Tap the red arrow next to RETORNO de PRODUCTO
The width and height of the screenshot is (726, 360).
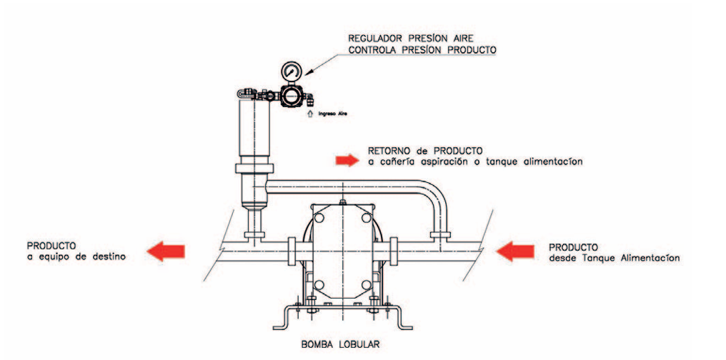[x=347, y=160]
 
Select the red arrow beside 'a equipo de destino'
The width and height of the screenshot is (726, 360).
[x=166, y=251]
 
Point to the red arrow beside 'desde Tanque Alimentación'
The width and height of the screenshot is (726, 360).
[x=515, y=251]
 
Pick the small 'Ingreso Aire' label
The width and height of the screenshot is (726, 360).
[x=332, y=112]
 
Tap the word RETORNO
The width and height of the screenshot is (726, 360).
[x=388, y=151]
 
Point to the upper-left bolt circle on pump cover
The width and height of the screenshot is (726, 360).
[x=319, y=217]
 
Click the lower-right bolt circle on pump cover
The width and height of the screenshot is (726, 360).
[x=367, y=284]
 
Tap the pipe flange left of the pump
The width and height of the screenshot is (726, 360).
[x=292, y=251]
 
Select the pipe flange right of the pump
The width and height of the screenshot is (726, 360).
[x=394, y=251]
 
